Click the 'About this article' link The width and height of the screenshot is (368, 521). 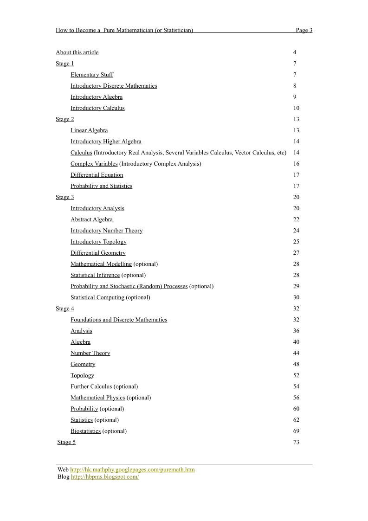77,52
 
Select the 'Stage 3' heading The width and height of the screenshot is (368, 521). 65,197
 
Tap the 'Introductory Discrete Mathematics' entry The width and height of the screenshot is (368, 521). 114,86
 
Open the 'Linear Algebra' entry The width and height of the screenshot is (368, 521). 89,130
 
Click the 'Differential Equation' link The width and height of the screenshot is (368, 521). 97,175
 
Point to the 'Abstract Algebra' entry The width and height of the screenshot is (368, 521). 91,219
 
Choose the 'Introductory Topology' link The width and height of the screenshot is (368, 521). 98,242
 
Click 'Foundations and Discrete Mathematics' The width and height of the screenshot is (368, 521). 119,320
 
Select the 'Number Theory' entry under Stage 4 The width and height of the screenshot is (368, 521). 90,353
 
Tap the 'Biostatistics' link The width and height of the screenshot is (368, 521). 85,431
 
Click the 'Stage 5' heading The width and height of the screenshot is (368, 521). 66,442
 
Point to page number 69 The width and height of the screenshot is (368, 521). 296,431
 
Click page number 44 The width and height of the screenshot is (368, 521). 296,353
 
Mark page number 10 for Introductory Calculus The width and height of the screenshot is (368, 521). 296,108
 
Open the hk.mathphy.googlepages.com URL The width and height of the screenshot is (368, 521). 132,470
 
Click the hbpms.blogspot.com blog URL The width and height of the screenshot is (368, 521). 105,476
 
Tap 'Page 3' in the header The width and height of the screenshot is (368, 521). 304,30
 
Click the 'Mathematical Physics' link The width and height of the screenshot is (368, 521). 97,398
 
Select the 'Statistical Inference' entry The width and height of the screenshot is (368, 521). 95,275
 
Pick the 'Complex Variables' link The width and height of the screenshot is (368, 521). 94,164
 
